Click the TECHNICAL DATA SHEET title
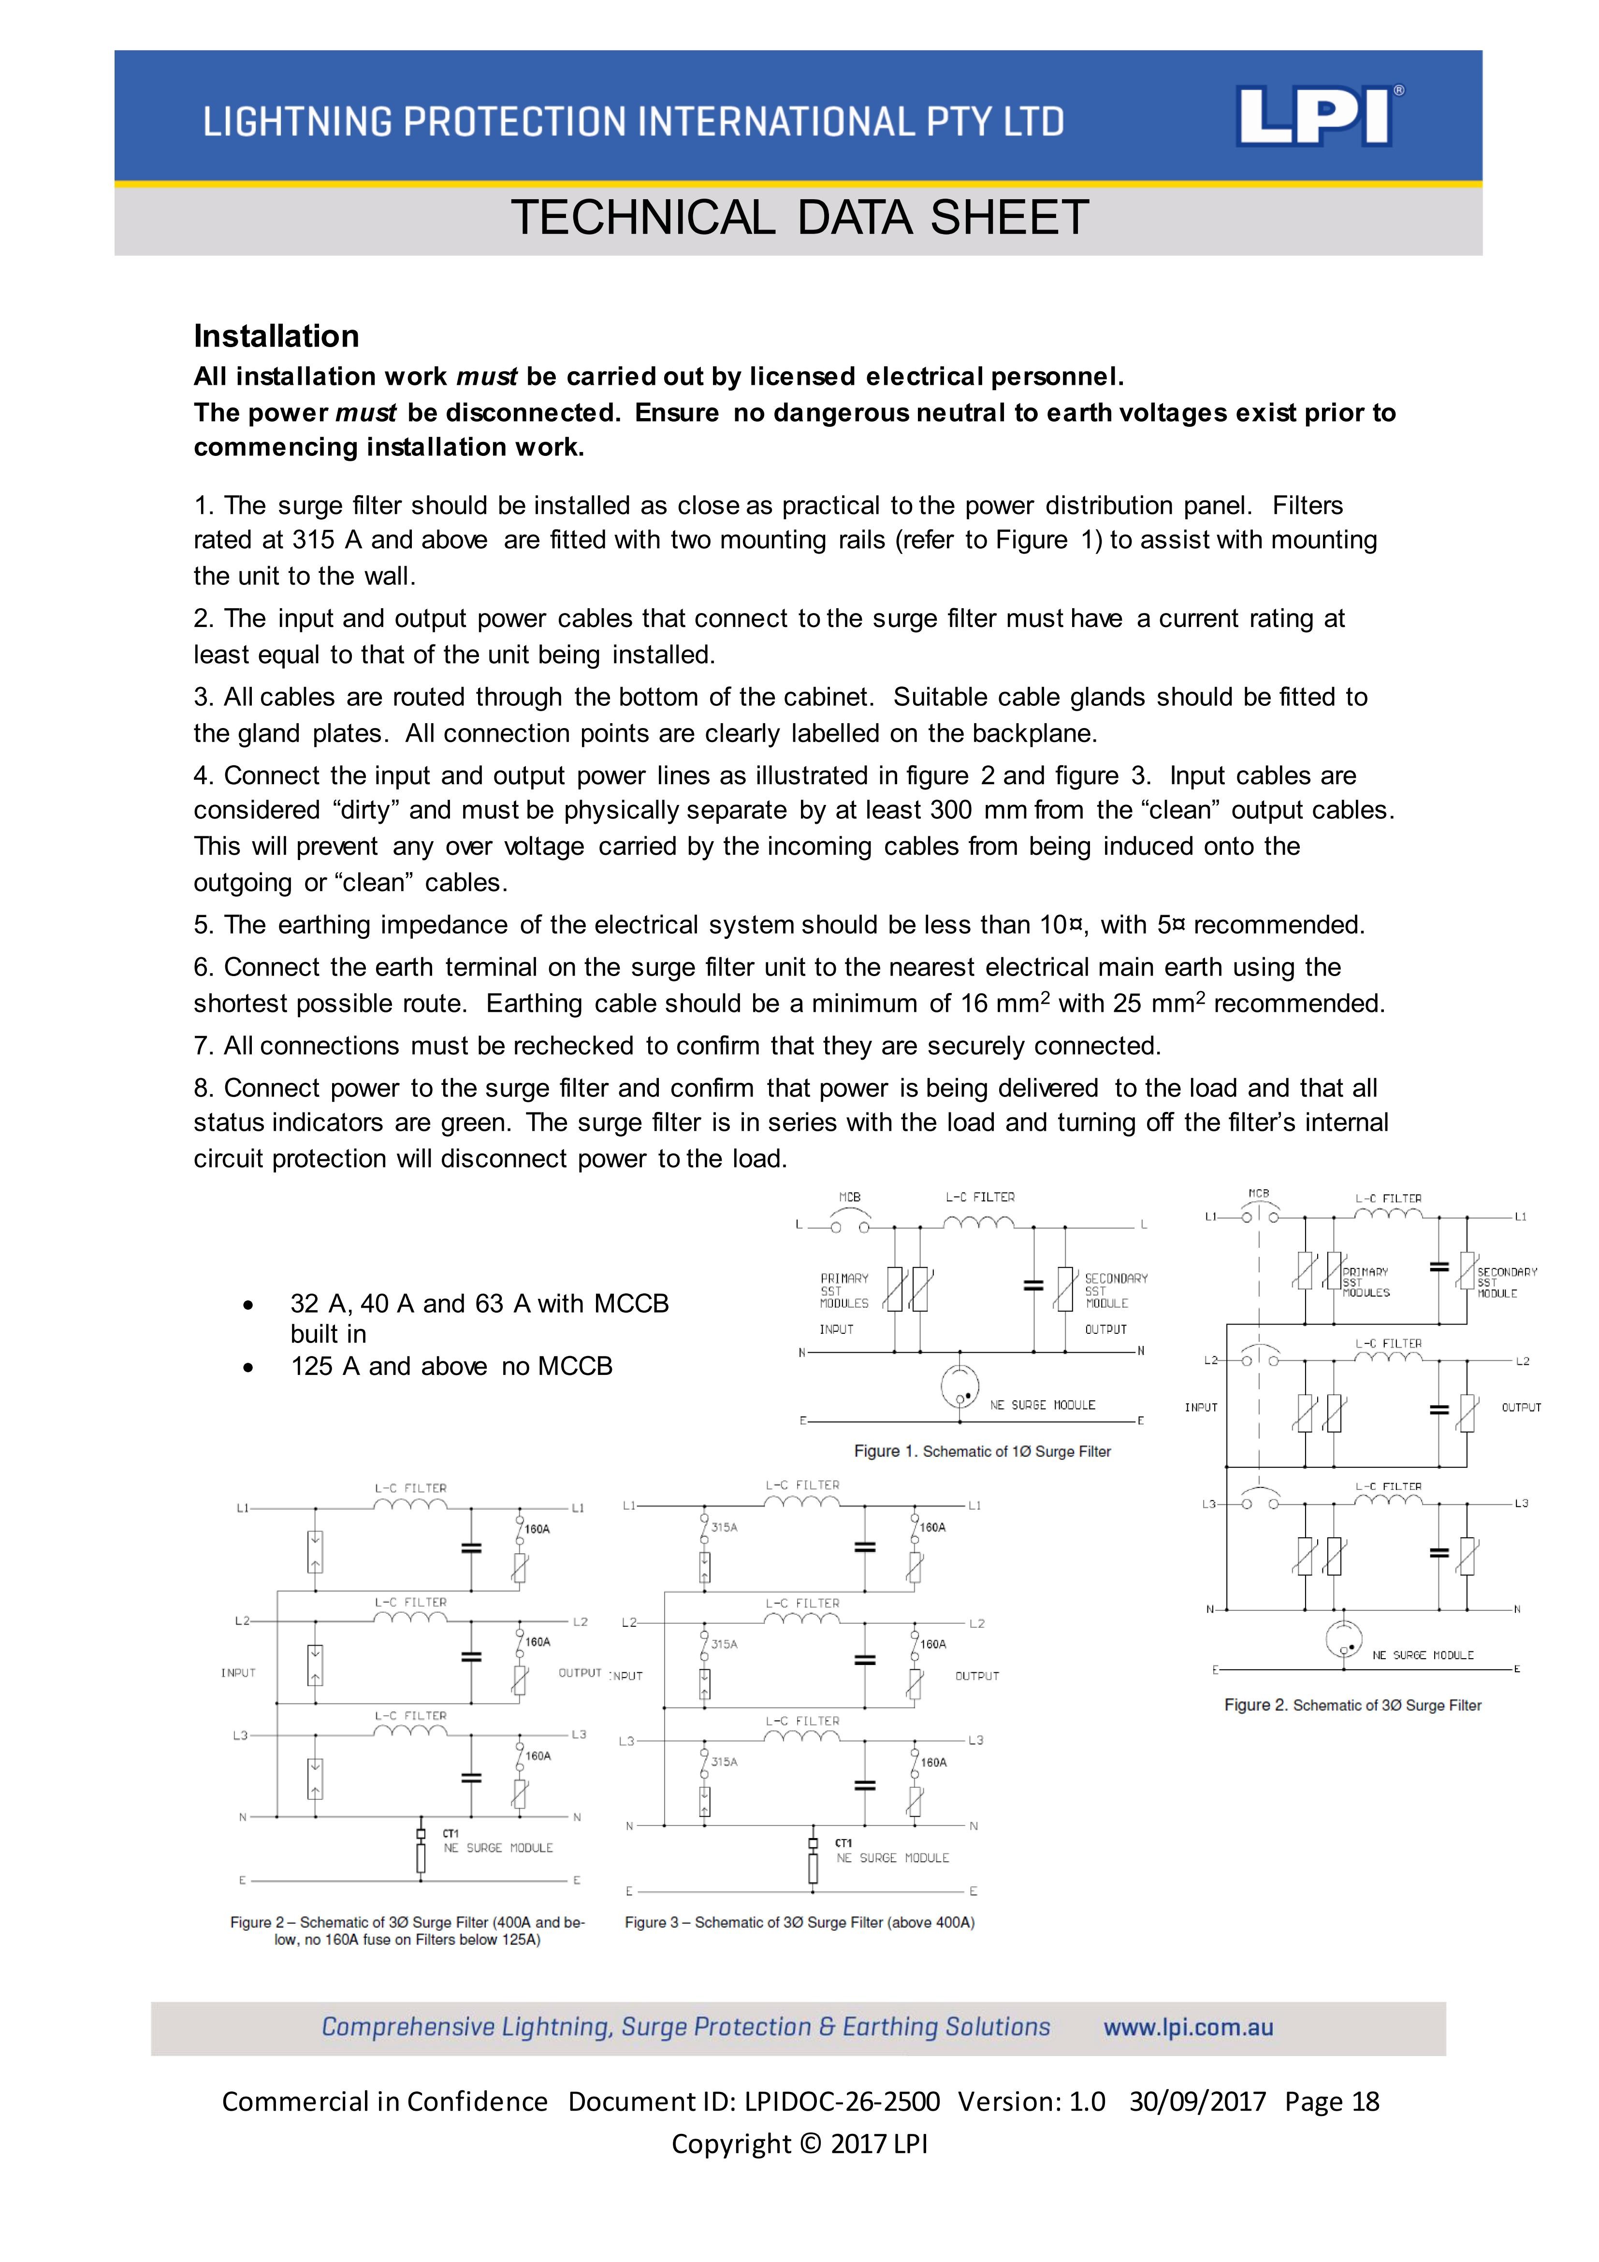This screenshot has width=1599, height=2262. click(799, 218)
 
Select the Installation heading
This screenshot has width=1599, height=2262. click(276, 336)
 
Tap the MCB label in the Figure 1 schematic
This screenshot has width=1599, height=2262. click(849, 1197)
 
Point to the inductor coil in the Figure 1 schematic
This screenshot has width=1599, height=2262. click(978, 1224)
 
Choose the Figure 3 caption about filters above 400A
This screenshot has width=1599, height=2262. click(799, 1922)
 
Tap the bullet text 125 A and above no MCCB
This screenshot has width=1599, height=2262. click(451, 1367)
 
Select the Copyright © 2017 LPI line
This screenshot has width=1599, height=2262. click(799, 2144)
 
